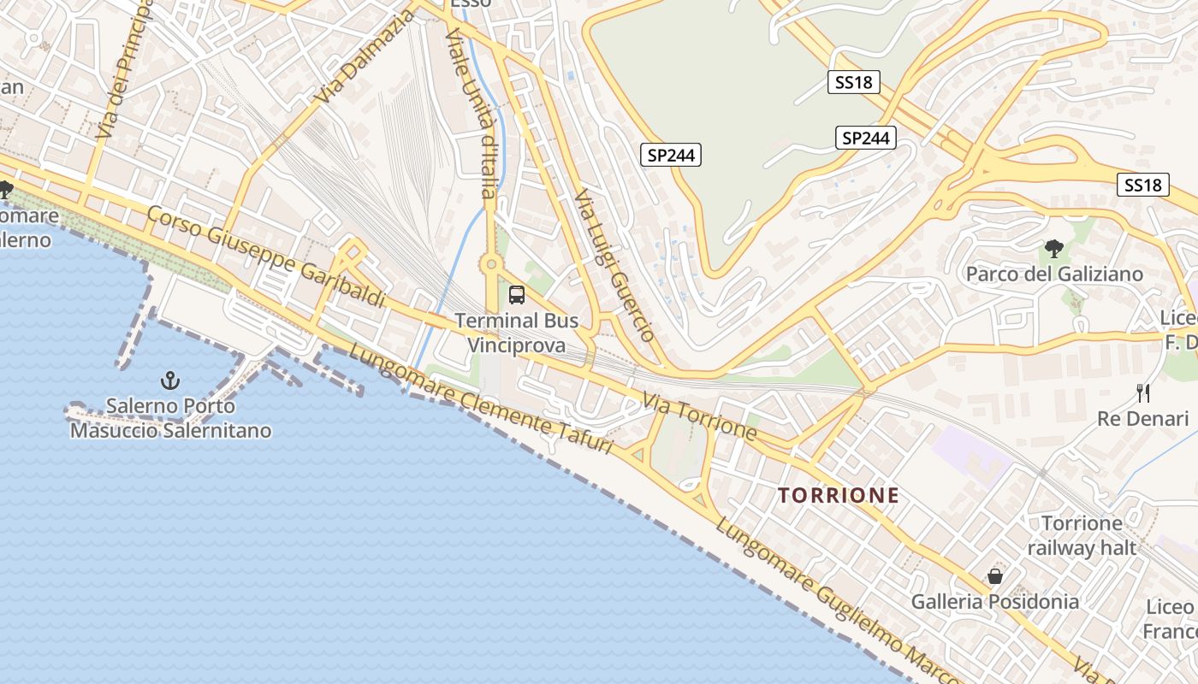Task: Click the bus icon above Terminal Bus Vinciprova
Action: (517, 295)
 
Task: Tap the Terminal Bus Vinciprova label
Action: (516, 333)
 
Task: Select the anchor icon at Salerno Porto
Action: (170, 380)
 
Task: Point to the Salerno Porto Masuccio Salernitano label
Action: (170, 417)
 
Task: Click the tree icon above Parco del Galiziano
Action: (1054, 249)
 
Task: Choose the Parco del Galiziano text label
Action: (1054, 274)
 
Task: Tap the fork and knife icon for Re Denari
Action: (1143, 393)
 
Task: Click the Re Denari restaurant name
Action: (1143, 419)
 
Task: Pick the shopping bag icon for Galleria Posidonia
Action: (995, 576)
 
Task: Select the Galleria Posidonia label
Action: (995, 601)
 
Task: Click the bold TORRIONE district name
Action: (839, 495)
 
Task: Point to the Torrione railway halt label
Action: (1082, 535)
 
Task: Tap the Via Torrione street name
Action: (699, 416)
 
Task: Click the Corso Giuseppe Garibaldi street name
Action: (265, 256)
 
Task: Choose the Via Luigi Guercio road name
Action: (614, 265)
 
